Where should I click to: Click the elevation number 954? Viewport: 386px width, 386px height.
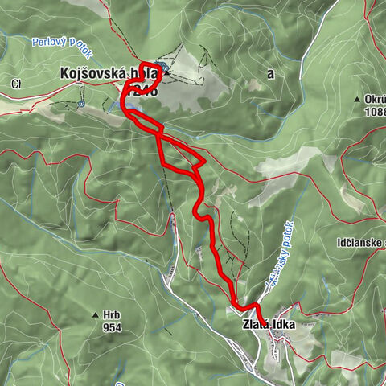pos(111,327)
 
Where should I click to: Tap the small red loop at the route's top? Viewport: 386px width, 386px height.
pos(150,72)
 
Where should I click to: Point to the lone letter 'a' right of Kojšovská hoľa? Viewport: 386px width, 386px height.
pos(271,72)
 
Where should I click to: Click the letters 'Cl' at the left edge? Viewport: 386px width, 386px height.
pos(15,83)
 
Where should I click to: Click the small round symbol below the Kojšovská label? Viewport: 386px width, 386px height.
pos(84,103)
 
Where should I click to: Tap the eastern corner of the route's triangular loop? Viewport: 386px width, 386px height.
pos(204,162)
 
